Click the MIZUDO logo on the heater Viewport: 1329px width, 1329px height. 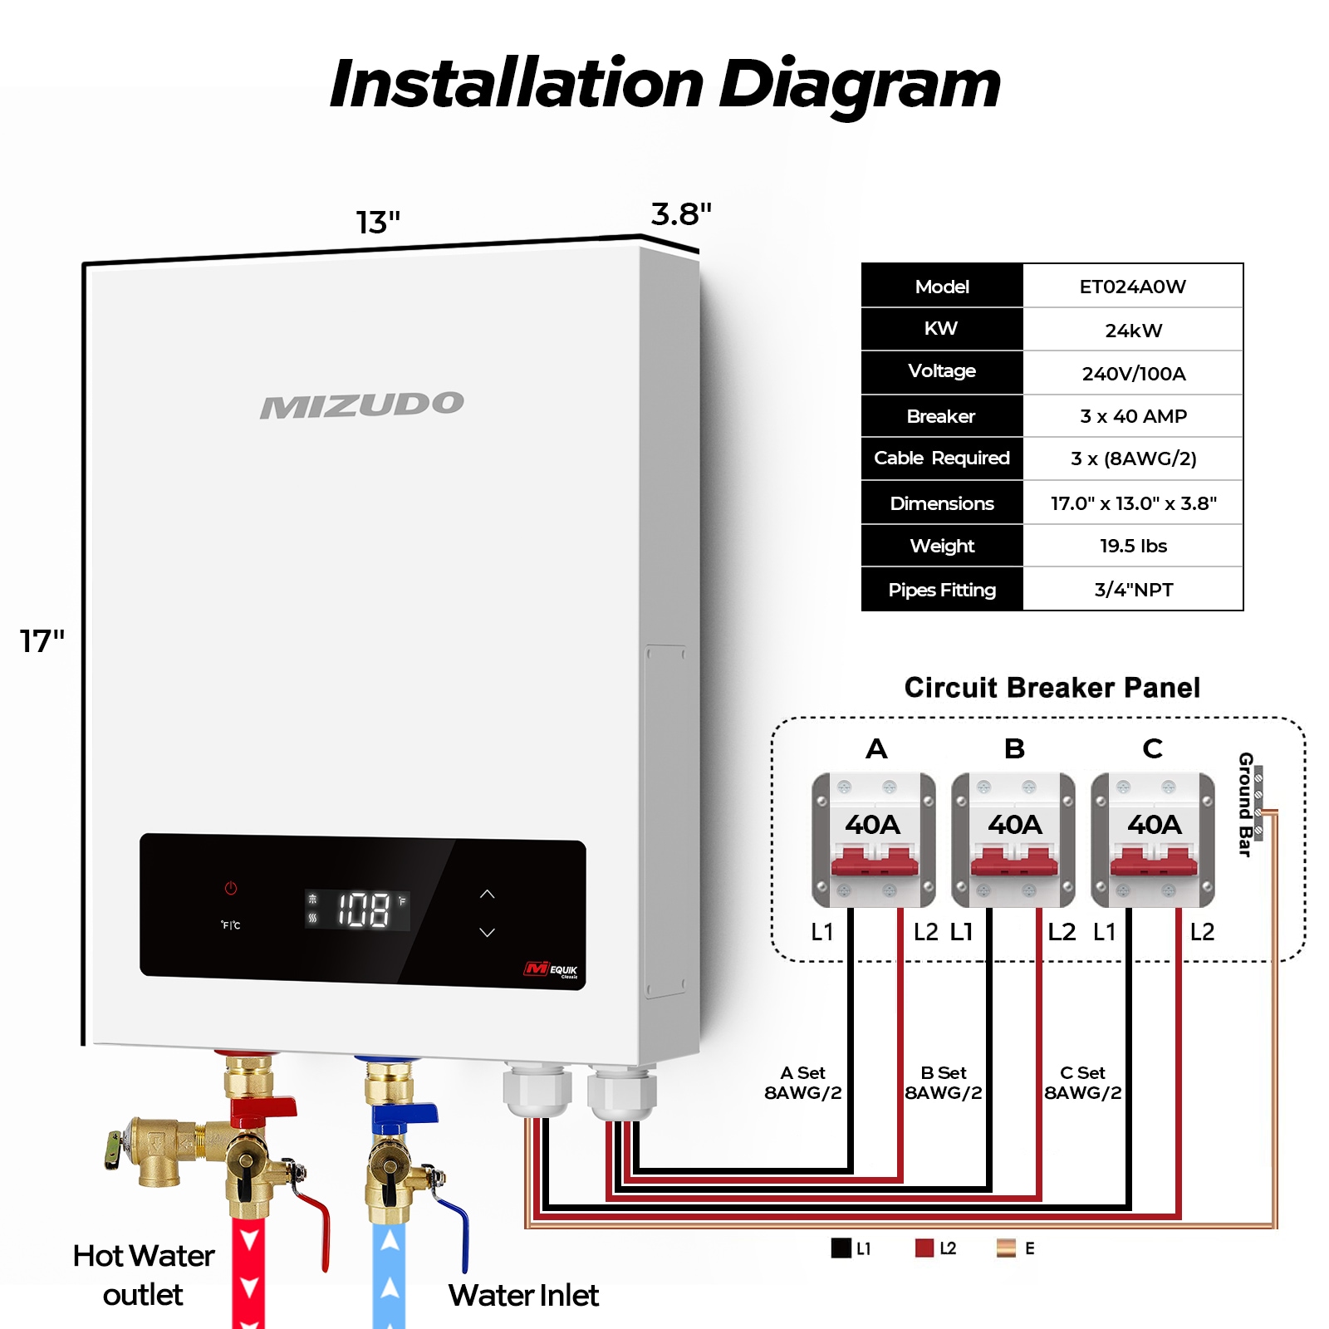362,405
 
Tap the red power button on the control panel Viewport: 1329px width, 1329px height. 231,888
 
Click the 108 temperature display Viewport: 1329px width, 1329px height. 363,910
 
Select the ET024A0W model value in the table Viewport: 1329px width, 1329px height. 1132,287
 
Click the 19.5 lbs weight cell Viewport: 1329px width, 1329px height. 1132,546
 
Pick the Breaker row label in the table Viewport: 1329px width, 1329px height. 941,416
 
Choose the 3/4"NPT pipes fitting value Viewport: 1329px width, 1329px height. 1132,590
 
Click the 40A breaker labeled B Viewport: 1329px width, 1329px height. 1013,839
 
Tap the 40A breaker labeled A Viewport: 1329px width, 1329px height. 874,839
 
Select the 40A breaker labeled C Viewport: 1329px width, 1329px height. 1153,839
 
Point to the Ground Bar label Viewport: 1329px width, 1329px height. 1245,804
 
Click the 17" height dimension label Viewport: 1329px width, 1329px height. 42,641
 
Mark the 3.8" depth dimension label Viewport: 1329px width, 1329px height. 681,214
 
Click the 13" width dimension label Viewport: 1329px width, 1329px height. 378,223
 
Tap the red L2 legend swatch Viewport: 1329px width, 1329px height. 924,1248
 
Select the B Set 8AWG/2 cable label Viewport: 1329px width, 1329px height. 943,1083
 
